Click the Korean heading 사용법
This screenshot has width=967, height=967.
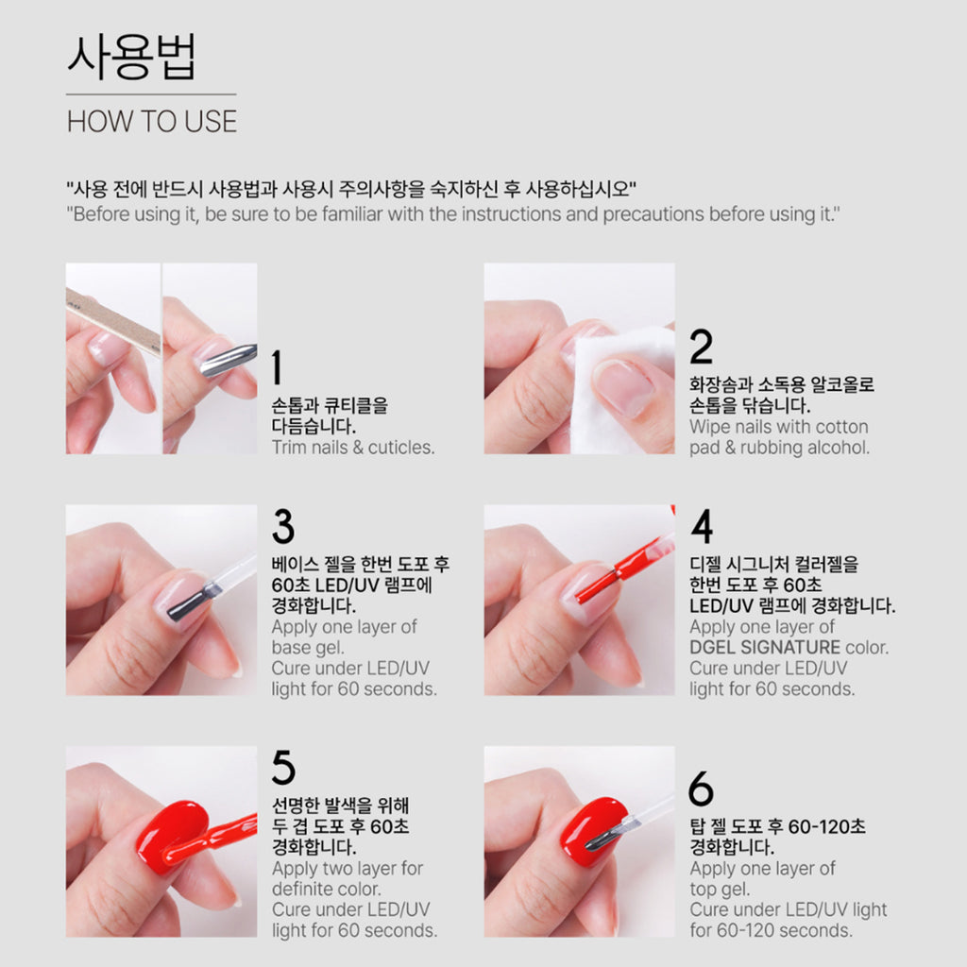click(131, 57)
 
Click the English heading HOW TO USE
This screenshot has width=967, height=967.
click(152, 121)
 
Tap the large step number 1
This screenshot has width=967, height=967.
click(277, 367)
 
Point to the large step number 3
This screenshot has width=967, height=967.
click(283, 526)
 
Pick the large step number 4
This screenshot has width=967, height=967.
click(702, 526)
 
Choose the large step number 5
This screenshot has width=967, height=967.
click(283, 767)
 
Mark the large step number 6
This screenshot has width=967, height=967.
click(702, 789)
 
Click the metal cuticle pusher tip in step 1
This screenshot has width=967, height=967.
click(227, 360)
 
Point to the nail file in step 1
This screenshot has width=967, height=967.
click(113, 322)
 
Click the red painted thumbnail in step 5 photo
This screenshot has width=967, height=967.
click(172, 836)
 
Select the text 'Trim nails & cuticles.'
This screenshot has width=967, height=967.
click(353, 447)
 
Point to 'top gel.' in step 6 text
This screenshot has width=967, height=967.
click(720, 890)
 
